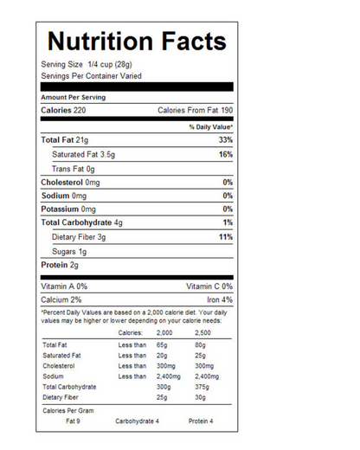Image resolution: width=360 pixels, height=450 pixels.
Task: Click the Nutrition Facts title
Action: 137,42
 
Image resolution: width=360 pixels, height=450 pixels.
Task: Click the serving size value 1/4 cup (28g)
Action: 104,65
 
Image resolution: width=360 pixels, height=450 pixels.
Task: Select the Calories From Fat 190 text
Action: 195,111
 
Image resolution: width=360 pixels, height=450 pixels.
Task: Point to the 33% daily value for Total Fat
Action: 225,139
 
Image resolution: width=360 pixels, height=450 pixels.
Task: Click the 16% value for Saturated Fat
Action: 225,154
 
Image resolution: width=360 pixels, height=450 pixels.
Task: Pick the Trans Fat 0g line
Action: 73,169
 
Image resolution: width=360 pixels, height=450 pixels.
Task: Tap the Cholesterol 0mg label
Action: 70,183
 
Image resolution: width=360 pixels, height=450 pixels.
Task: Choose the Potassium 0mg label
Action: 68,209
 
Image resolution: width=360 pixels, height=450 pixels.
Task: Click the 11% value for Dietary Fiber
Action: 225,236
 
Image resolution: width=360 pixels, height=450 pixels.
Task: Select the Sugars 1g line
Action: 69,250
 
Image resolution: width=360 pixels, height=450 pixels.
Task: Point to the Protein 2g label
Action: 60,264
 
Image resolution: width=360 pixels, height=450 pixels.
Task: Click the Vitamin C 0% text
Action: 209,286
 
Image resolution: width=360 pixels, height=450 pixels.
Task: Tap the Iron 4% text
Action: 219,299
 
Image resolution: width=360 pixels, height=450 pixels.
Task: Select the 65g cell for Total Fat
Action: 162,345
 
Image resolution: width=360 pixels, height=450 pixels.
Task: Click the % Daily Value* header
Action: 211,126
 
